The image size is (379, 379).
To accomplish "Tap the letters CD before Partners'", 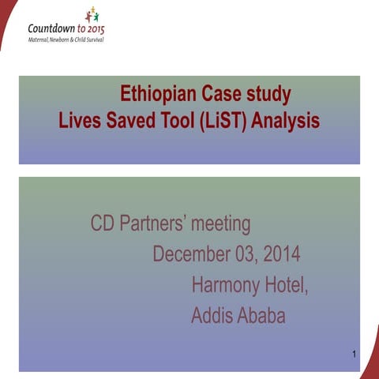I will click(103, 224).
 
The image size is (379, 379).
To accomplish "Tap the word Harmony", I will click(229, 286).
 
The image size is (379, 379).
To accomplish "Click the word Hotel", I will click(289, 285).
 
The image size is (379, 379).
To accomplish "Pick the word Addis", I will click(212, 316).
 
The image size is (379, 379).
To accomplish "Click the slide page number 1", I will click(355, 354).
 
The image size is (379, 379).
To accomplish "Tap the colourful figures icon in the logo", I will click(92, 16).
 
